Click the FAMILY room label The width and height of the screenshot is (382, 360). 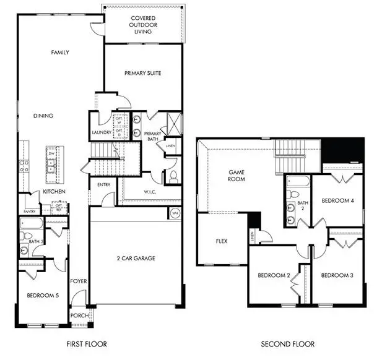[59, 53]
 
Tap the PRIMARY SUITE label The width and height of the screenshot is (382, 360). [142, 73]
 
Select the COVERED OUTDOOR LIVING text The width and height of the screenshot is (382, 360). [143, 25]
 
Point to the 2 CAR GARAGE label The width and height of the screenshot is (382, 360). [136, 258]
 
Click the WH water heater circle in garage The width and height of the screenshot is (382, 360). [175, 213]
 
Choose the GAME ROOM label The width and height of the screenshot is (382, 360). [237, 175]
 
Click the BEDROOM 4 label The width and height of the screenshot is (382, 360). [337, 201]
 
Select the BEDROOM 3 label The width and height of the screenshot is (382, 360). [337, 275]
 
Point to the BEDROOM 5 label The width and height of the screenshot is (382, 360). [43, 296]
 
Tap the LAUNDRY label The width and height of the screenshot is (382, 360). [101, 132]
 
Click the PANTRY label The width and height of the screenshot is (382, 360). [30, 211]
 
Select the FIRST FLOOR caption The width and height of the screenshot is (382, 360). [86, 344]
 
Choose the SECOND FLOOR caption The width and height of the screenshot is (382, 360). [287, 344]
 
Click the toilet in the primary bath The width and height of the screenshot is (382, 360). [173, 175]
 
